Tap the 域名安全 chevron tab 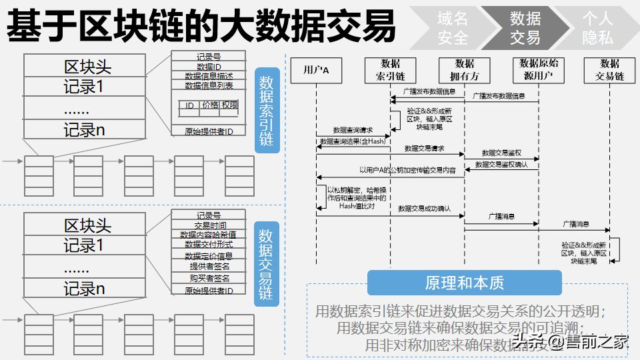pos(453,28)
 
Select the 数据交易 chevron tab pos(525,28)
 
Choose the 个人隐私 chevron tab pos(597,28)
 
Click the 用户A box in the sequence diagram pos(316,70)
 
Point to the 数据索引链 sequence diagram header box pos(390,70)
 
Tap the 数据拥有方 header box pos(465,70)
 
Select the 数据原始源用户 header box pos(539,70)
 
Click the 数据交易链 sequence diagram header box pos(609,70)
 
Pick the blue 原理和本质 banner pos(464,283)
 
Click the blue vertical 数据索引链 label pos(267,111)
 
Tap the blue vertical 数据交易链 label pos(267,264)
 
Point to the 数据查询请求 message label pos(353,130)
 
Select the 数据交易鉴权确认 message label pos(501,164)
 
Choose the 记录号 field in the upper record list pos(209,57)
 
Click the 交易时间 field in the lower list pos(209,225)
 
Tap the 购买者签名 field pos(209,278)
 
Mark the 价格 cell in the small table pos(210,105)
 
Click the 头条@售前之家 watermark pos(570,343)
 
